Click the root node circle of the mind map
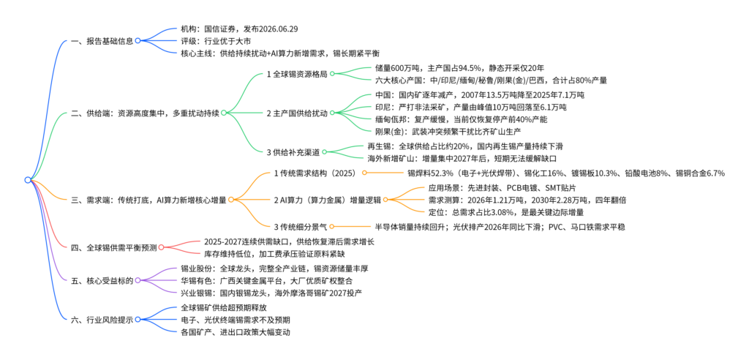28,180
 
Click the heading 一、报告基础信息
102,41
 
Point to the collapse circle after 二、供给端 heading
223,113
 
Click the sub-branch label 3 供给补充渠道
293,152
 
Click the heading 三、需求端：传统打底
148,200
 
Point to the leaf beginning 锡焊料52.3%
566,173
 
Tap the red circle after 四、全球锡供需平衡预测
161,247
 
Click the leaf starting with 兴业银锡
271,293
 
